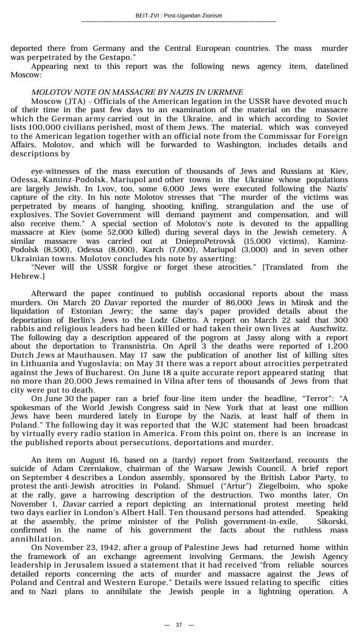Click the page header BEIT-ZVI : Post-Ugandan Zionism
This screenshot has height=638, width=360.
coord(179,15)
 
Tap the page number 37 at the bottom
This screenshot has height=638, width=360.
coord(179,624)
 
